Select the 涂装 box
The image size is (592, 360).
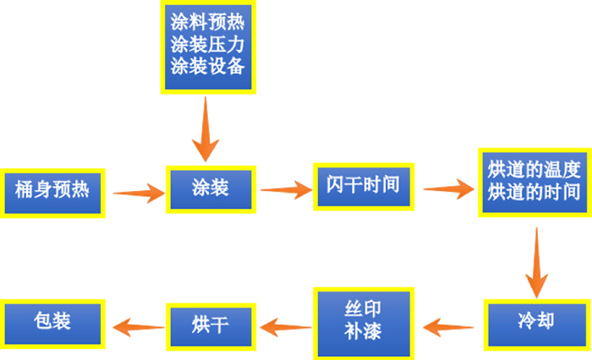click(211, 188)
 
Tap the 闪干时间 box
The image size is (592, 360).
click(363, 183)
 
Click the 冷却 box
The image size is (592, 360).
click(534, 323)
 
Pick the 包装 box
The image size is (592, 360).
click(52, 322)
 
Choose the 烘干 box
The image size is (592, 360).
click(211, 323)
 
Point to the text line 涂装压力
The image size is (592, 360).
click(208, 43)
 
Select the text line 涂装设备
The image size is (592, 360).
click(208, 65)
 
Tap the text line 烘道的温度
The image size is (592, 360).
click(534, 168)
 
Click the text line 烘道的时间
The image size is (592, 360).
click(534, 192)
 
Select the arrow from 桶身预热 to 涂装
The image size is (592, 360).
click(138, 193)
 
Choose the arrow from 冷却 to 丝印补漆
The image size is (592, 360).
click(449, 324)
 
